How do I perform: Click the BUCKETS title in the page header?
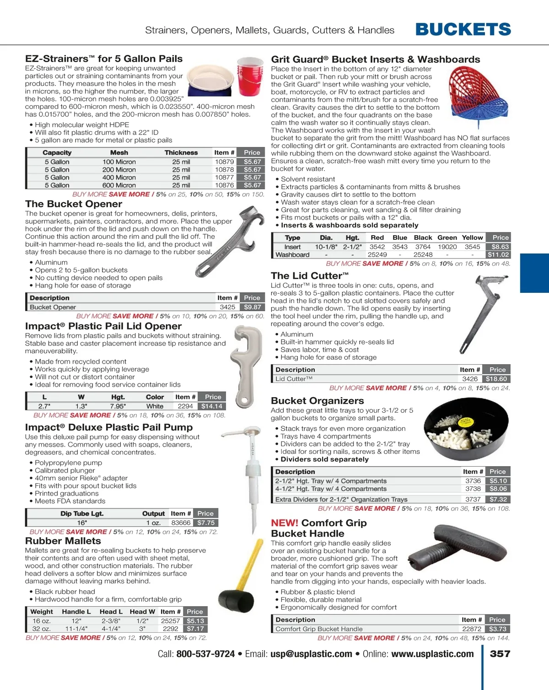[x=463, y=30]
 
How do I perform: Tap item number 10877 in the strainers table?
[x=224, y=178]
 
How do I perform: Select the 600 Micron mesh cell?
[x=119, y=185]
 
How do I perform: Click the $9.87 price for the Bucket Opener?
[x=252, y=307]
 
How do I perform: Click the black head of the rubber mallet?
[x=236, y=601]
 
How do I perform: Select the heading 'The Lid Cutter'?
[x=310, y=276]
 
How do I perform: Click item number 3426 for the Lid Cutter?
[x=470, y=379]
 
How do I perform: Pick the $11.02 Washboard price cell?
[x=498, y=254]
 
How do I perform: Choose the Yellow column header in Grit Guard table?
[x=472, y=237]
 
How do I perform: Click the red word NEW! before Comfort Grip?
[x=284, y=523]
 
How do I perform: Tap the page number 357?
[x=500, y=654]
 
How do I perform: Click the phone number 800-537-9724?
[x=205, y=654]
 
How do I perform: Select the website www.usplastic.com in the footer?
[x=432, y=654]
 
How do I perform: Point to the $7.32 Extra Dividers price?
[x=498, y=499]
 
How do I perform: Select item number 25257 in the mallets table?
[x=170, y=621]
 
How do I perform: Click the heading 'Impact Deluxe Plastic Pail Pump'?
[x=109, y=427]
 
